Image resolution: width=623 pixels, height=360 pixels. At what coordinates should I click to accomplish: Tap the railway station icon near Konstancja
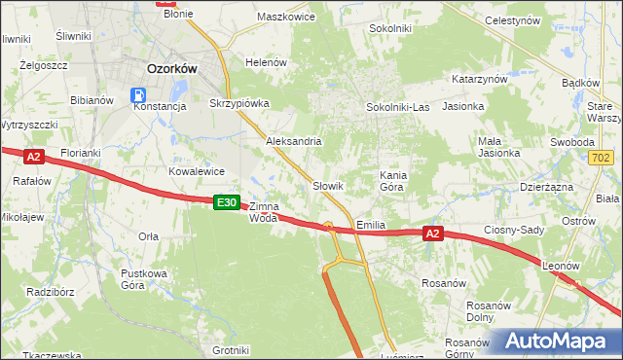coord(138,95)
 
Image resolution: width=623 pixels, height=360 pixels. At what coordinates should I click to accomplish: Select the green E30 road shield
coord(226,201)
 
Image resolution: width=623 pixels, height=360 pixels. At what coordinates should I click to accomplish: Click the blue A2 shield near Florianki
coord(34,156)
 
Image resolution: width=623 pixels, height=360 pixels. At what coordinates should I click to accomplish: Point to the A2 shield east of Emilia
coord(434,234)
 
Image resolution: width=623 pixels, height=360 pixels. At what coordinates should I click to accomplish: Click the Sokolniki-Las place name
coord(397,107)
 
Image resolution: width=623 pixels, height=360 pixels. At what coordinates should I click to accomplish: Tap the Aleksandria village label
coord(294,141)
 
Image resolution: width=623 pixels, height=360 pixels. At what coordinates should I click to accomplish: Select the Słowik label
coord(328,185)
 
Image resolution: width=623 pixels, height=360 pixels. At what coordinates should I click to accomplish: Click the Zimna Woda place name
coord(264,212)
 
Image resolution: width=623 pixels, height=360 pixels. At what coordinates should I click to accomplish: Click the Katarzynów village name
coord(481,79)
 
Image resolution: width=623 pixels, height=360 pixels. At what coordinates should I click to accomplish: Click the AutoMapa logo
coord(554,342)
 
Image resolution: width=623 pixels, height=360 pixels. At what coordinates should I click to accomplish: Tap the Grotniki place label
coord(231,350)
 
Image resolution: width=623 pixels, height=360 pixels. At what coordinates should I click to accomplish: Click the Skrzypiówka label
coord(238,102)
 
